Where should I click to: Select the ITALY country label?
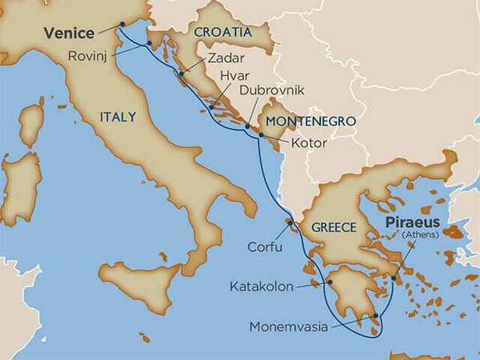point(118,117)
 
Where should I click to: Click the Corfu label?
point(265,247)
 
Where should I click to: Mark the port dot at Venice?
point(121,23)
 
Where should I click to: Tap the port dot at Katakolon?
point(329,282)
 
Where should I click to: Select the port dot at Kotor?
point(261,137)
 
